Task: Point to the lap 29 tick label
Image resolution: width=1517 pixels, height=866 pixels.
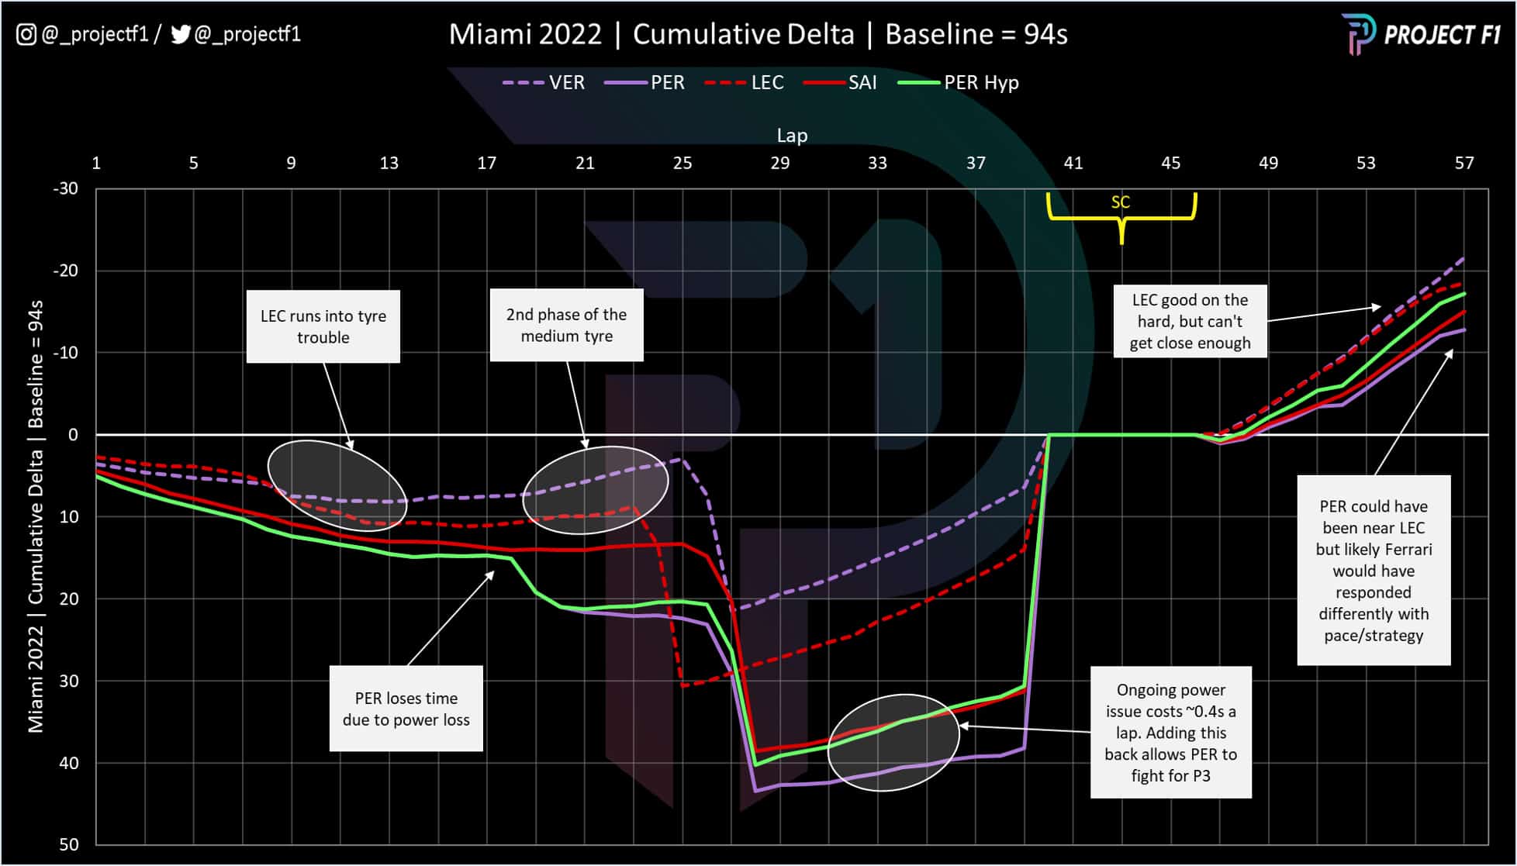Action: pyautogui.click(x=779, y=163)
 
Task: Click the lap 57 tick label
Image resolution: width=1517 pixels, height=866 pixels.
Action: pyautogui.click(x=1463, y=163)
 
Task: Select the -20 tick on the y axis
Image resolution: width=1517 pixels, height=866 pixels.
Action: pyautogui.click(x=65, y=271)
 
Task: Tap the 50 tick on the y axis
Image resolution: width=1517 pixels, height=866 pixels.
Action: pyautogui.click(x=69, y=844)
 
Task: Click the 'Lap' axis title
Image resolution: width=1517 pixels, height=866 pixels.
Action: pyautogui.click(x=792, y=136)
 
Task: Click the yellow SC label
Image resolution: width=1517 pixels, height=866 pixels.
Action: pyautogui.click(x=1120, y=202)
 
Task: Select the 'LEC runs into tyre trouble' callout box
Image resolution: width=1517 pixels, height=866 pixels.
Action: pyautogui.click(x=323, y=326)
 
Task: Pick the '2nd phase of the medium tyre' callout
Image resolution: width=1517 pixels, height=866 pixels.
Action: pyautogui.click(x=566, y=325)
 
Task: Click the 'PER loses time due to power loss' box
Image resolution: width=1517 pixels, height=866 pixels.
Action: pyautogui.click(x=406, y=709)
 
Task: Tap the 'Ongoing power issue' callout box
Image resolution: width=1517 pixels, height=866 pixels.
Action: pyautogui.click(x=1170, y=732)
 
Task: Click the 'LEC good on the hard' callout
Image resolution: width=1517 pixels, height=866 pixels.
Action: pyautogui.click(x=1190, y=321)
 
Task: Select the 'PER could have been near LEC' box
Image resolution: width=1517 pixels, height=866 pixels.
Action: pyautogui.click(x=1373, y=570)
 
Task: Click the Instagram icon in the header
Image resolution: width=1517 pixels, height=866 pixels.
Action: pyautogui.click(x=26, y=35)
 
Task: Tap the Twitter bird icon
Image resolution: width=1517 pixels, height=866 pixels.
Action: pyautogui.click(x=180, y=35)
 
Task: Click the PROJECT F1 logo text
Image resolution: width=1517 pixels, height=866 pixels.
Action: pyautogui.click(x=1442, y=35)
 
